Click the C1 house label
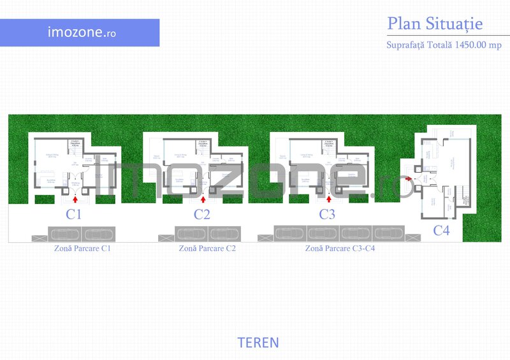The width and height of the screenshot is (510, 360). (74, 215)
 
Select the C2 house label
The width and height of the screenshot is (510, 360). (201, 215)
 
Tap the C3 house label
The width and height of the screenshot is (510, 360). (327, 215)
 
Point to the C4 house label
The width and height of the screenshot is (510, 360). (441, 231)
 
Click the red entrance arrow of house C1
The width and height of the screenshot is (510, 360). (76, 199)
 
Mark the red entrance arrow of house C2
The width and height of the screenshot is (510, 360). (203, 199)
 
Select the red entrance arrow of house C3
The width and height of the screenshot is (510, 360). (329, 199)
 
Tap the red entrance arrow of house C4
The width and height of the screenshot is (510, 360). (408, 180)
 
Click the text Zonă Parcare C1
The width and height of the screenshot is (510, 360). (83, 248)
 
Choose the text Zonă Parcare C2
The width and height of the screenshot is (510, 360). (208, 248)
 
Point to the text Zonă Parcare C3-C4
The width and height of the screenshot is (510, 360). (340, 248)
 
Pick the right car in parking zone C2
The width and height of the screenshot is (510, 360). (226, 234)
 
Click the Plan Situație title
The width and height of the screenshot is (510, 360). (435, 24)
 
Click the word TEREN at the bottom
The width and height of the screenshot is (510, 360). (258, 343)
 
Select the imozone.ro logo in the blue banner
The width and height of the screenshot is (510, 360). (73, 32)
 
